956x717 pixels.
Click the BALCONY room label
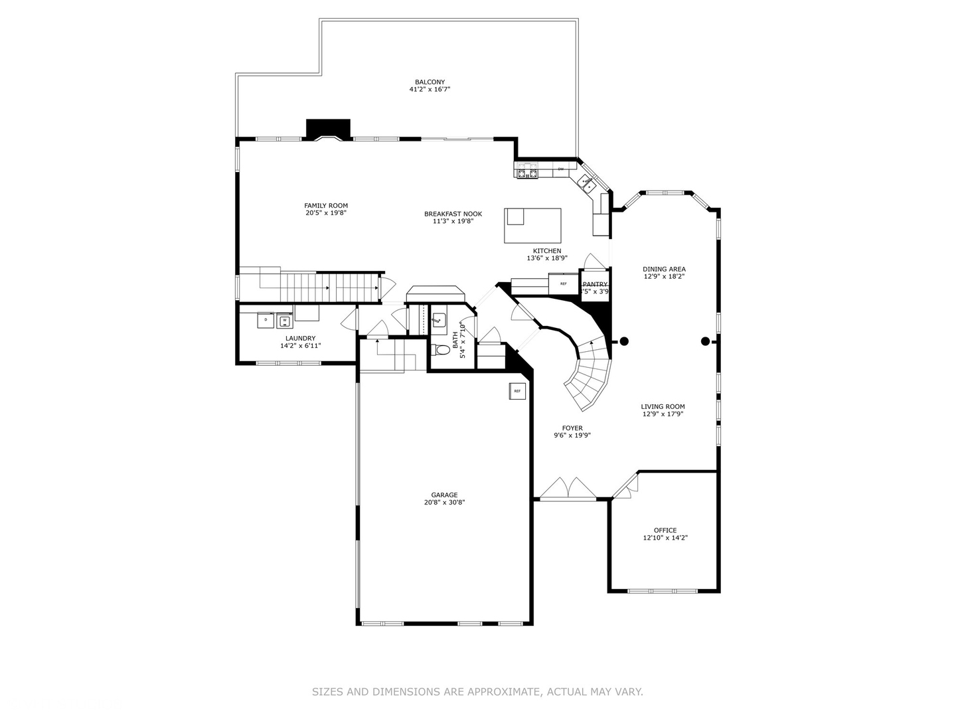click(430, 82)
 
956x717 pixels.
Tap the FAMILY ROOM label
click(326, 206)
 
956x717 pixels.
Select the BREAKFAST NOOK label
click(453, 214)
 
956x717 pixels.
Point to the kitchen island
click(532, 226)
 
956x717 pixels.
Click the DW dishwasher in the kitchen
click(561, 169)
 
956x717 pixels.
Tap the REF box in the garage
click(518, 391)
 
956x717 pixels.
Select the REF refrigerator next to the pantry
click(564, 283)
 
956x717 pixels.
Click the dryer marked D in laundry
click(266, 320)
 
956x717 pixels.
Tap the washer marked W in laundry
click(285, 320)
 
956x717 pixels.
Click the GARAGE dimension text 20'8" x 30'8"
click(444, 503)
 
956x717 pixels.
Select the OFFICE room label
click(665, 530)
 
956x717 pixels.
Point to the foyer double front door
click(568, 489)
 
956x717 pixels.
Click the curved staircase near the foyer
click(588, 378)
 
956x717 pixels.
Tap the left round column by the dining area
click(623, 341)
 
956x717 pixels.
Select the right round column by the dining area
click(705, 341)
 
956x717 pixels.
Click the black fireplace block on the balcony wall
click(328, 128)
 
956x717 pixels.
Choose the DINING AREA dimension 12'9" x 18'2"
click(664, 276)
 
